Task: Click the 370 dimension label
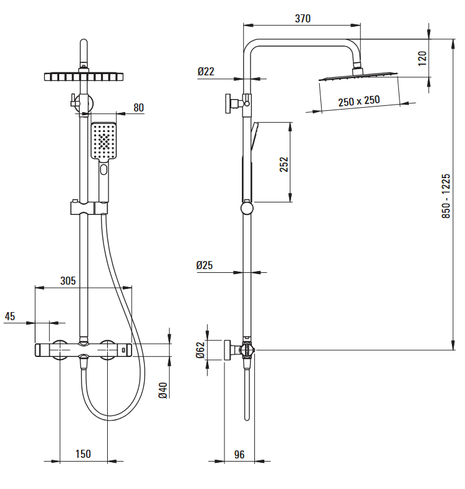(303, 19)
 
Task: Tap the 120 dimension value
(422, 59)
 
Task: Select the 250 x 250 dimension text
(359, 101)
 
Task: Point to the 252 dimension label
(284, 164)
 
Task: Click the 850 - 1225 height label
(446, 196)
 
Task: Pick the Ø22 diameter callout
(206, 72)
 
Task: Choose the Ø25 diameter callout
(204, 265)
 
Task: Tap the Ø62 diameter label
(200, 350)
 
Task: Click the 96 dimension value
(239, 454)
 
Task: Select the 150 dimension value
(83, 453)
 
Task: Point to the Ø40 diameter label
(163, 390)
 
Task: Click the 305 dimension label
(68, 281)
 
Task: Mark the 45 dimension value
(10, 316)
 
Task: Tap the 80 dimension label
(138, 108)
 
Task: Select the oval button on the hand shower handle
(103, 169)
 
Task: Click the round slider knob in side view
(247, 208)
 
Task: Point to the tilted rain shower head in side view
(358, 76)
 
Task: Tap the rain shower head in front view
(84, 77)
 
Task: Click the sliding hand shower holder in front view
(89, 208)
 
